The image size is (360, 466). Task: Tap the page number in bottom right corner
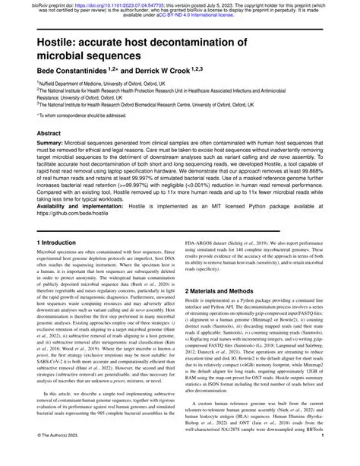(344, 457)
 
